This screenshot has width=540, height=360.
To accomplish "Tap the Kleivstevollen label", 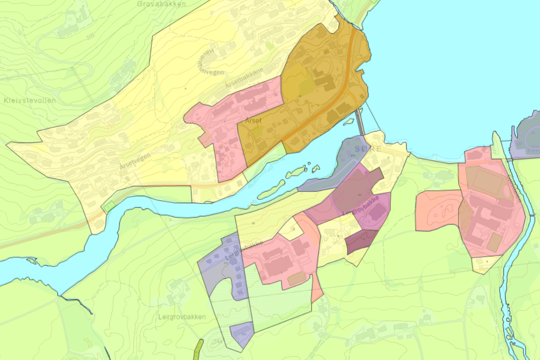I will click(30, 100).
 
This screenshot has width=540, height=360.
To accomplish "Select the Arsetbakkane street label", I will click(244, 78).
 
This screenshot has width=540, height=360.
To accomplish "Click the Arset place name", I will click(254, 120).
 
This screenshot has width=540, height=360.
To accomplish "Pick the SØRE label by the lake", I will click(369, 149).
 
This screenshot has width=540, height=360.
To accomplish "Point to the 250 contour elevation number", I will click(110, 126).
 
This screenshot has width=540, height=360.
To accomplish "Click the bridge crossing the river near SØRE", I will click(360, 121).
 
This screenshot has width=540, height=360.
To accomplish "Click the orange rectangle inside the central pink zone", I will click(297, 278).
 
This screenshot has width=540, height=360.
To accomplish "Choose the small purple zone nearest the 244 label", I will click(242, 334).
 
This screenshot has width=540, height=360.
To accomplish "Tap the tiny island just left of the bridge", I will click(348, 121).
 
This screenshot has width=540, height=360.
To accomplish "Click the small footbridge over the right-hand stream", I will click(509, 159).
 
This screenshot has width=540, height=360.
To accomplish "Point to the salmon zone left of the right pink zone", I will click(437, 211).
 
